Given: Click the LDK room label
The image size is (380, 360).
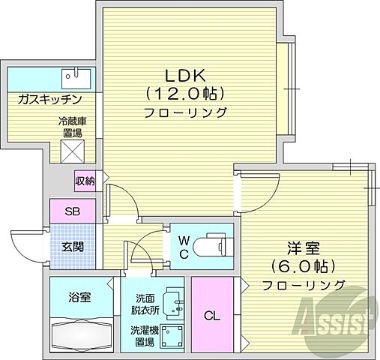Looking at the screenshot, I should coord(186,76).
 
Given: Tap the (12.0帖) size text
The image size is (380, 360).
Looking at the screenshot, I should coord(186,94).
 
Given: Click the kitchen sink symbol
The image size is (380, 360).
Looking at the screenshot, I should coord(75,76).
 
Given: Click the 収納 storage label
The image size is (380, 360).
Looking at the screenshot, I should coord(84,180).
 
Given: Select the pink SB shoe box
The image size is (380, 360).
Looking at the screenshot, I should coord(72,211).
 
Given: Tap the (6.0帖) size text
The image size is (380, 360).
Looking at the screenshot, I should coord(303,266).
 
